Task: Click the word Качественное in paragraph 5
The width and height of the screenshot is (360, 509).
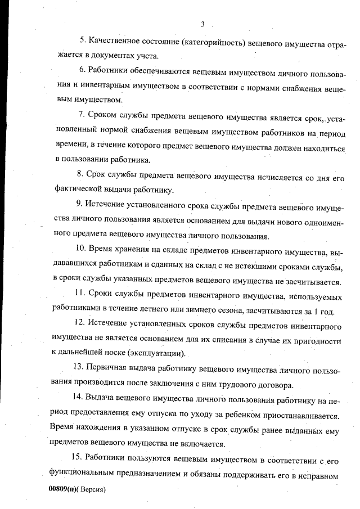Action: (112, 40)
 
